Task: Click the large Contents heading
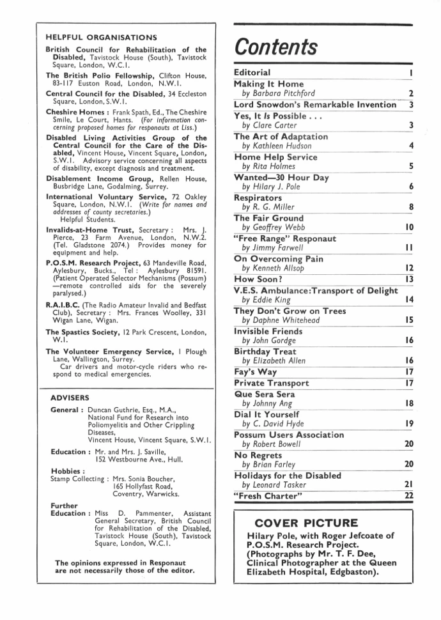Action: pyautogui.click(x=276, y=47)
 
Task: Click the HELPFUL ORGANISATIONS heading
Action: pyautogui.click(x=102, y=38)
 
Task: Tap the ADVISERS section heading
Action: pyautogui.click(x=70, y=397)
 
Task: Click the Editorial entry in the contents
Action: pyautogui.click(x=252, y=73)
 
